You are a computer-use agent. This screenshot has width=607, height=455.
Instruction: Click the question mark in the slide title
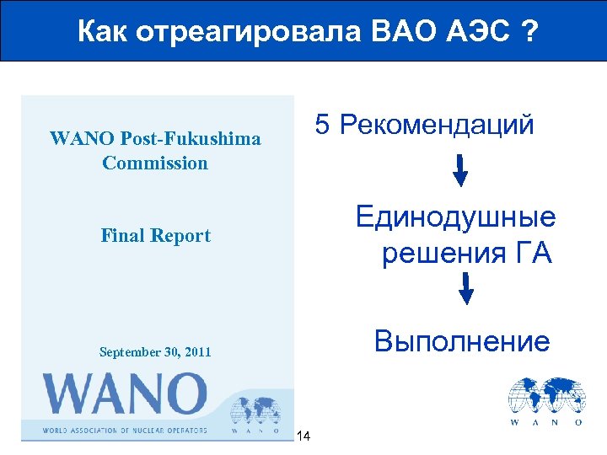click(x=529, y=32)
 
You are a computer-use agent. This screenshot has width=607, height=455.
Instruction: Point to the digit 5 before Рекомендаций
click(x=322, y=126)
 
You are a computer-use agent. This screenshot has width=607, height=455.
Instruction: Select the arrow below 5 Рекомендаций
click(x=461, y=170)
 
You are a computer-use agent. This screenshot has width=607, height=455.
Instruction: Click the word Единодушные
click(x=455, y=217)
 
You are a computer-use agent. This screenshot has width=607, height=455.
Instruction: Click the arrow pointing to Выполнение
click(x=465, y=290)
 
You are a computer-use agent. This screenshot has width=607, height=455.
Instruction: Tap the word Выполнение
click(x=462, y=341)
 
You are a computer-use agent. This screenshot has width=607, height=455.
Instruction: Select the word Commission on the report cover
click(x=155, y=163)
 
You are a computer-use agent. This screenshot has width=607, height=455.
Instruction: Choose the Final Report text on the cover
click(x=155, y=236)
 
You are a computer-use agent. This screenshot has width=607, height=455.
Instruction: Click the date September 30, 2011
click(x=155, y=351)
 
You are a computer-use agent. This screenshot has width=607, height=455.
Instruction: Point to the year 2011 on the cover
click(x=194, y=351)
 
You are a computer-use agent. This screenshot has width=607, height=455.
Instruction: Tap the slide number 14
click(x=304, y=436)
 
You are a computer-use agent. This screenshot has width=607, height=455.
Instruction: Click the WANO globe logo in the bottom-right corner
click(x=545, y=401)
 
